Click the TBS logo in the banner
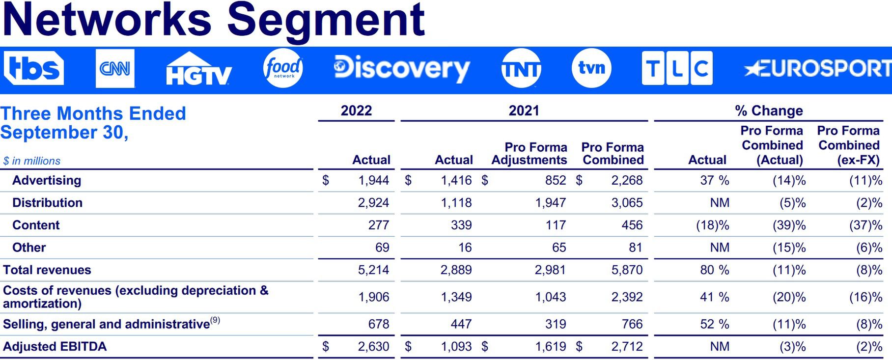click(34, 68)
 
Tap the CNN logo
click(115, 69)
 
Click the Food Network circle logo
click(283, 69)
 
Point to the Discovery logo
click(401, 68)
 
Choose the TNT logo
click(521, 69)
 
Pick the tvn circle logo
click(591, 68)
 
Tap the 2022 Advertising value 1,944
click(373, 180)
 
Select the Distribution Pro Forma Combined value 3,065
click(627, 203)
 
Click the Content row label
click(36, 225)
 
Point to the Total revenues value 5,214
click(373, 270)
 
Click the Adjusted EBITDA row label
click(55, 346)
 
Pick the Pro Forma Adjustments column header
click(530, 154)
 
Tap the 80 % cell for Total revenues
click(714, 270)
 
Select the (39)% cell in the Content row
click(789, 225)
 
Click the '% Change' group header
click(769, 111)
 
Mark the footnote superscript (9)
click(215, 320)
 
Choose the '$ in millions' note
click(32, 161)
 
